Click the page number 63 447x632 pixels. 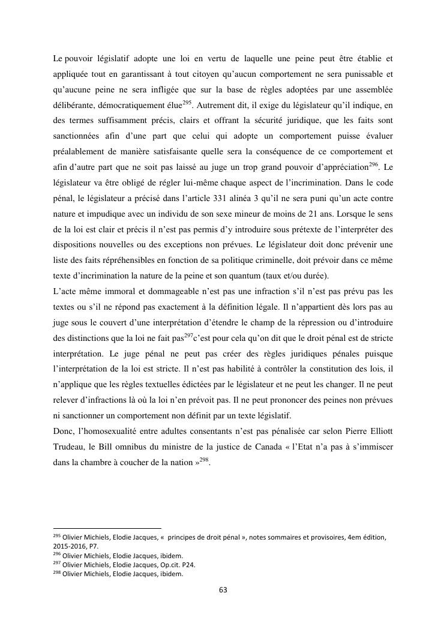(223, 590)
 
